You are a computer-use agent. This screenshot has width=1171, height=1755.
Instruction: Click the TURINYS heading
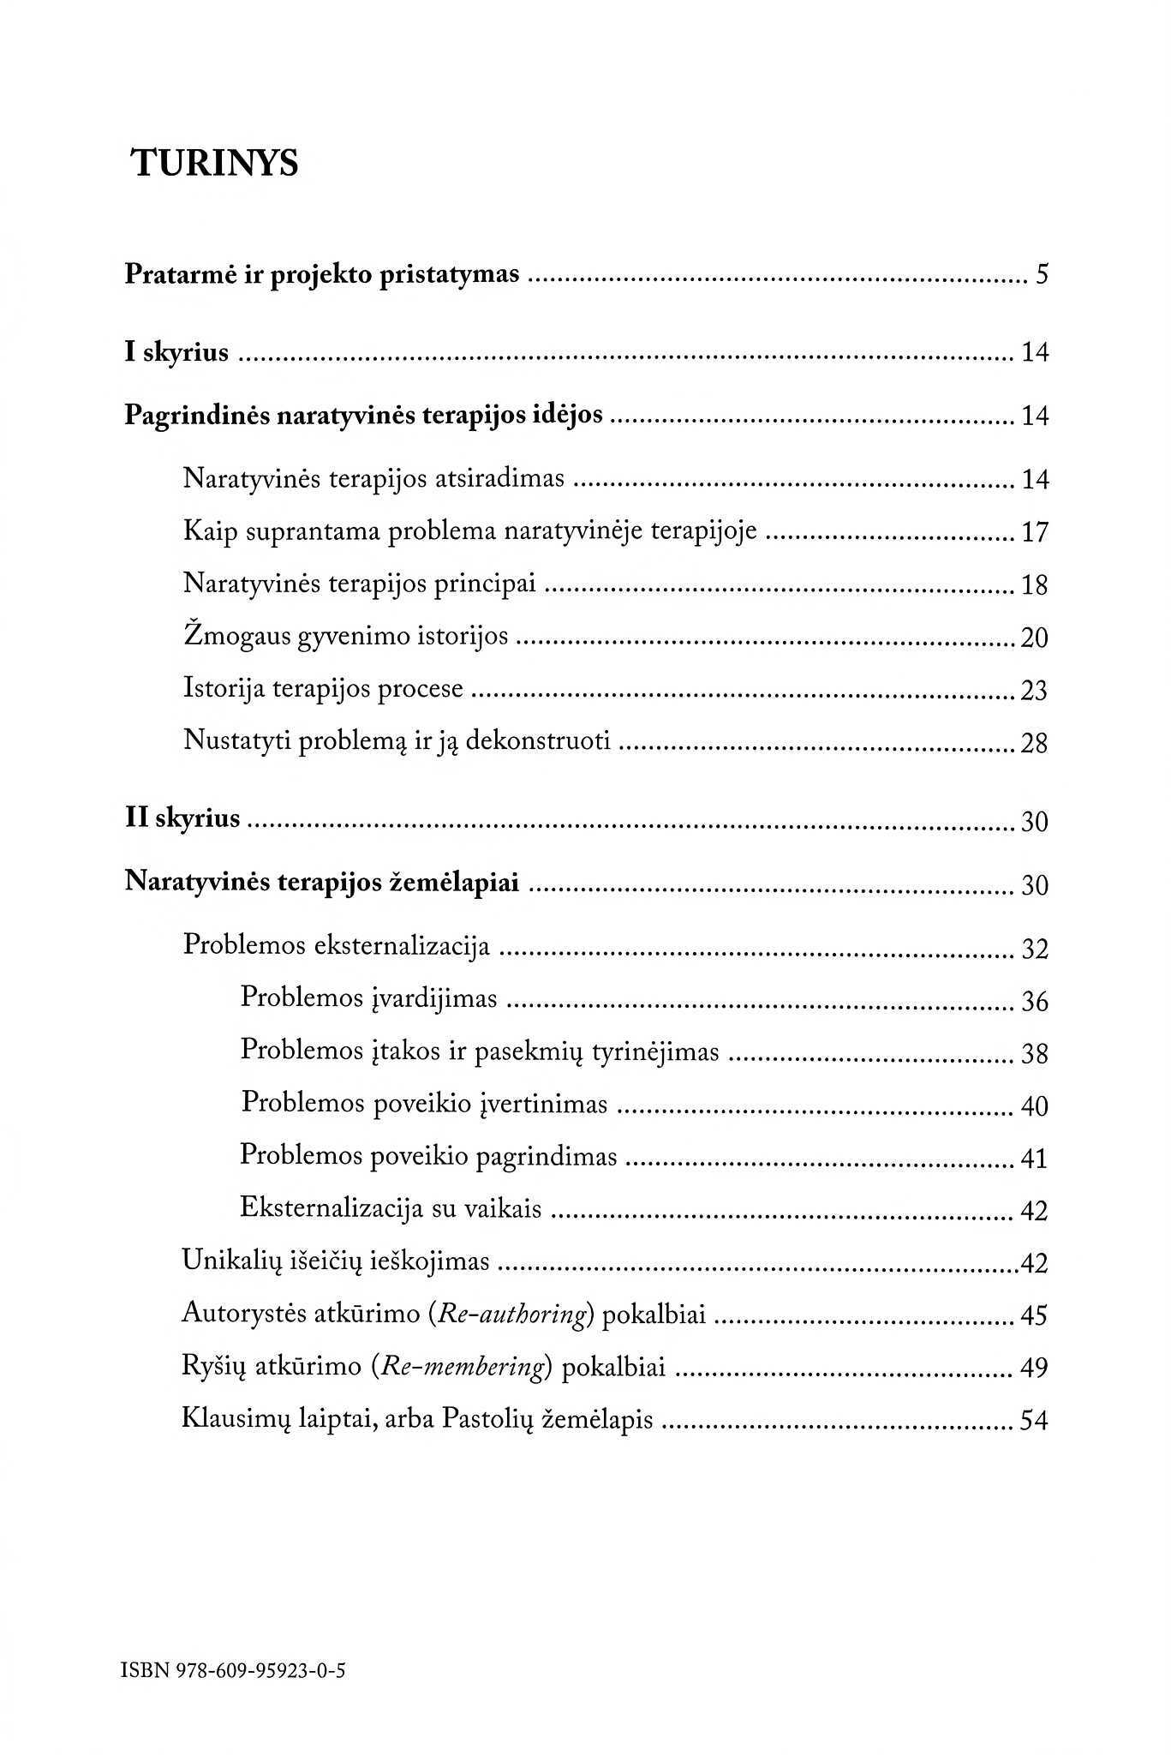(x=215, y=163)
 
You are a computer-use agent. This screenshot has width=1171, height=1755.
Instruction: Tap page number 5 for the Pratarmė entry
(x=1042, y=276)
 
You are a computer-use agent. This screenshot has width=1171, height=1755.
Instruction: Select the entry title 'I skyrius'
(x=177, y=352)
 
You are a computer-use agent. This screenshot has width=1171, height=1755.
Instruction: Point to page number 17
(x=1035, y=533)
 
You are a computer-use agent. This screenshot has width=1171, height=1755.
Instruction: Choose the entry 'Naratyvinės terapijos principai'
(x=360, y=584)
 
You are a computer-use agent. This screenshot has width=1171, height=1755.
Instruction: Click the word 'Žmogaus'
(x=236, y=637)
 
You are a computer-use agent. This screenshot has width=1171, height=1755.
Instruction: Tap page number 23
(x=1035, y=691)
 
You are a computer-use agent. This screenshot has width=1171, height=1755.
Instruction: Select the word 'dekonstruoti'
(x=538, y=741)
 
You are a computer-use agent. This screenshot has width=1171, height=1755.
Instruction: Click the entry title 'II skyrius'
(x=182, y=818)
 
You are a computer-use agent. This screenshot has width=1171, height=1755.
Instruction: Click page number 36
(x=1035, y=1001)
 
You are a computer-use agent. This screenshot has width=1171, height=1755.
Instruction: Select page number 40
(x=1035, y=1106)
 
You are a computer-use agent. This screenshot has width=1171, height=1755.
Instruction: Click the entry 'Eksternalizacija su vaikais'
(x=391, y=1208)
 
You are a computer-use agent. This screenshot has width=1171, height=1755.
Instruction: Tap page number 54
(x=1035, y=1421)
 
